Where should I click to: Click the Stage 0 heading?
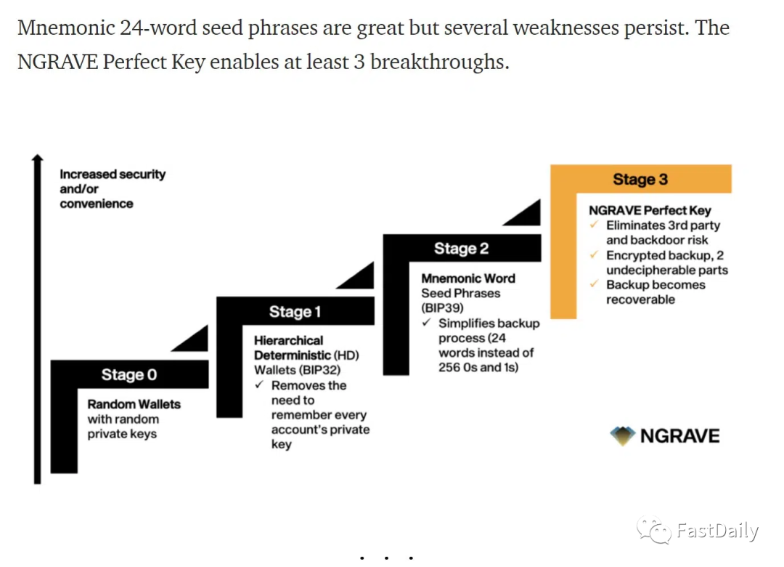[x=128, y=374]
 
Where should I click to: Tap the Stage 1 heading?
[x=295, y=312]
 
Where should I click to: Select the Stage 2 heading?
[x=461, y=249]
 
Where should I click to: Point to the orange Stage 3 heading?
[x=640, y=180]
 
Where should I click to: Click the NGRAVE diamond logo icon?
[x=622, y=435]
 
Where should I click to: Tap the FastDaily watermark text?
[x=716, y=531]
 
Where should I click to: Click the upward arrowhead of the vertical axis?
[x=38, y=158]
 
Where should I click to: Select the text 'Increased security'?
[x=113, y=174]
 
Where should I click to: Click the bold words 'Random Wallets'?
[x=134, y=404]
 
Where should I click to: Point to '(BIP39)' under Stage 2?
[x=442, y=308]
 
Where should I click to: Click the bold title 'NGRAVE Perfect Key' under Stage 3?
[x=650, y=211]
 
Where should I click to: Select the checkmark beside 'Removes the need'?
[x=259, y=385]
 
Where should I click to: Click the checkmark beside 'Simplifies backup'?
[x=426, y=323]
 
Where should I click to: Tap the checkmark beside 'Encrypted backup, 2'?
[x=594, y=255]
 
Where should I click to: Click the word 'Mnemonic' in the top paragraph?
[x=66, y=28]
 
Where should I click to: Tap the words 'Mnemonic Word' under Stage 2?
[x=468, y=278]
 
